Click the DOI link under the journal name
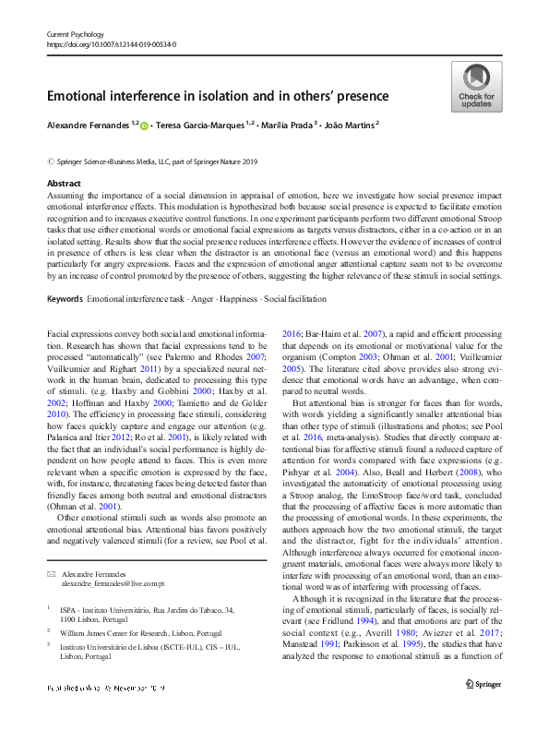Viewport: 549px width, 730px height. point(111,43)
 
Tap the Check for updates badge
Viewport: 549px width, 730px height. point(475,87)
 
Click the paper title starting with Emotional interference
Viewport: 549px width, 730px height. point(218,96)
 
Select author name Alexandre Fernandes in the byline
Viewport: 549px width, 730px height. point(88,123)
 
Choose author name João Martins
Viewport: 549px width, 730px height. point(348,123)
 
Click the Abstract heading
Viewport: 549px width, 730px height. point(64,185)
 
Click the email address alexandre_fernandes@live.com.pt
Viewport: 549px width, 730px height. point(113,584)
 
